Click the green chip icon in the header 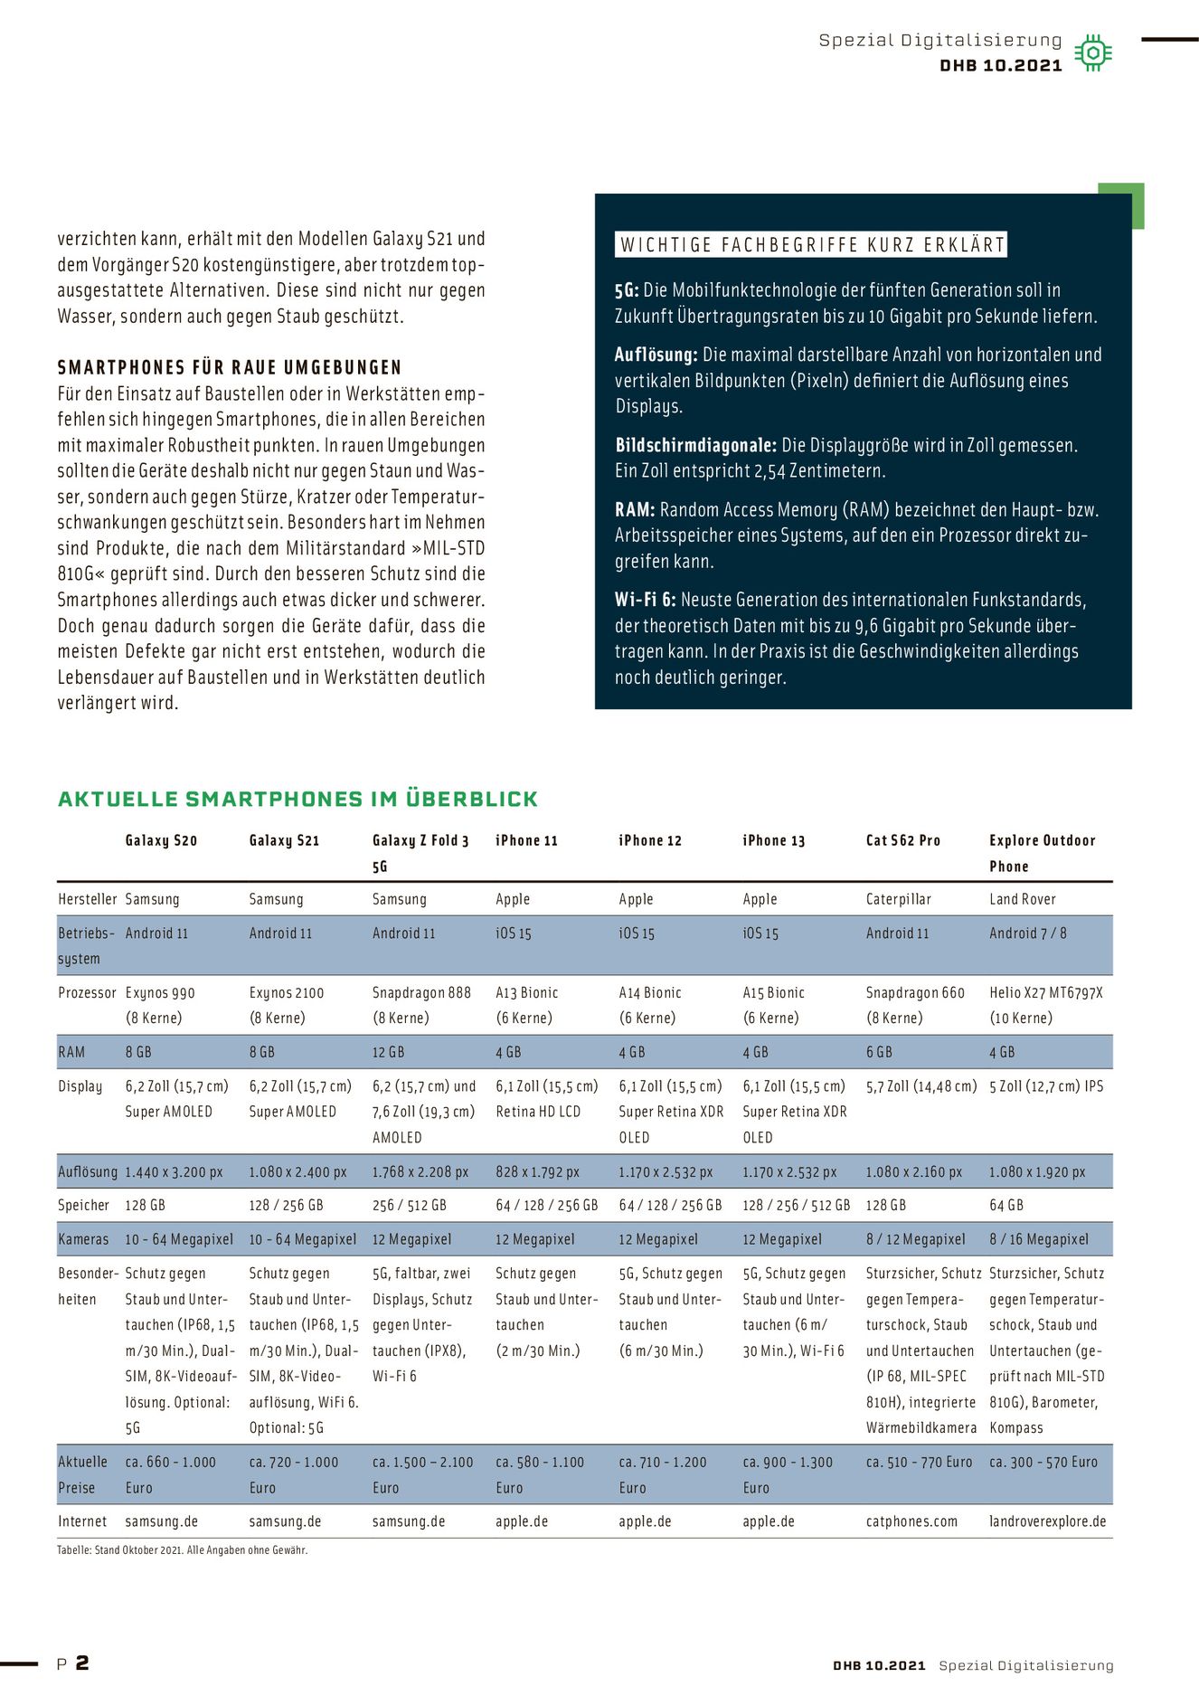[1092, 53]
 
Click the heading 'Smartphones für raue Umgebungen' [230, 367]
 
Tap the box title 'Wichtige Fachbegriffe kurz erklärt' [812, 245]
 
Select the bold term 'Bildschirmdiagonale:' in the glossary [695, 445]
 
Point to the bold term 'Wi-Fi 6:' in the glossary [645, 600]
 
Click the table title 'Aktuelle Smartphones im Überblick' [297, 799]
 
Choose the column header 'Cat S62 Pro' [902, 840]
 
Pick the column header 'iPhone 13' [773, 840]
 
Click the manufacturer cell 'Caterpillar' [898, 899]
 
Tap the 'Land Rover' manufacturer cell [1022, 899]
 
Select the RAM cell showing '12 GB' [388, 1052]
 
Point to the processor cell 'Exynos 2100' [286, 992]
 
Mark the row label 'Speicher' [83, 1205]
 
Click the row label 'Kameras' [83, 1239]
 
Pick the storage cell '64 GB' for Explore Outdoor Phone [1005, 1205]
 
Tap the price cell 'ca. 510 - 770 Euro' [919, 1462]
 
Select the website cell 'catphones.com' [911, 1521]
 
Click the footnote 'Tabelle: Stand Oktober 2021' [182, 1549]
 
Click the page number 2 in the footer [82, 1663]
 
